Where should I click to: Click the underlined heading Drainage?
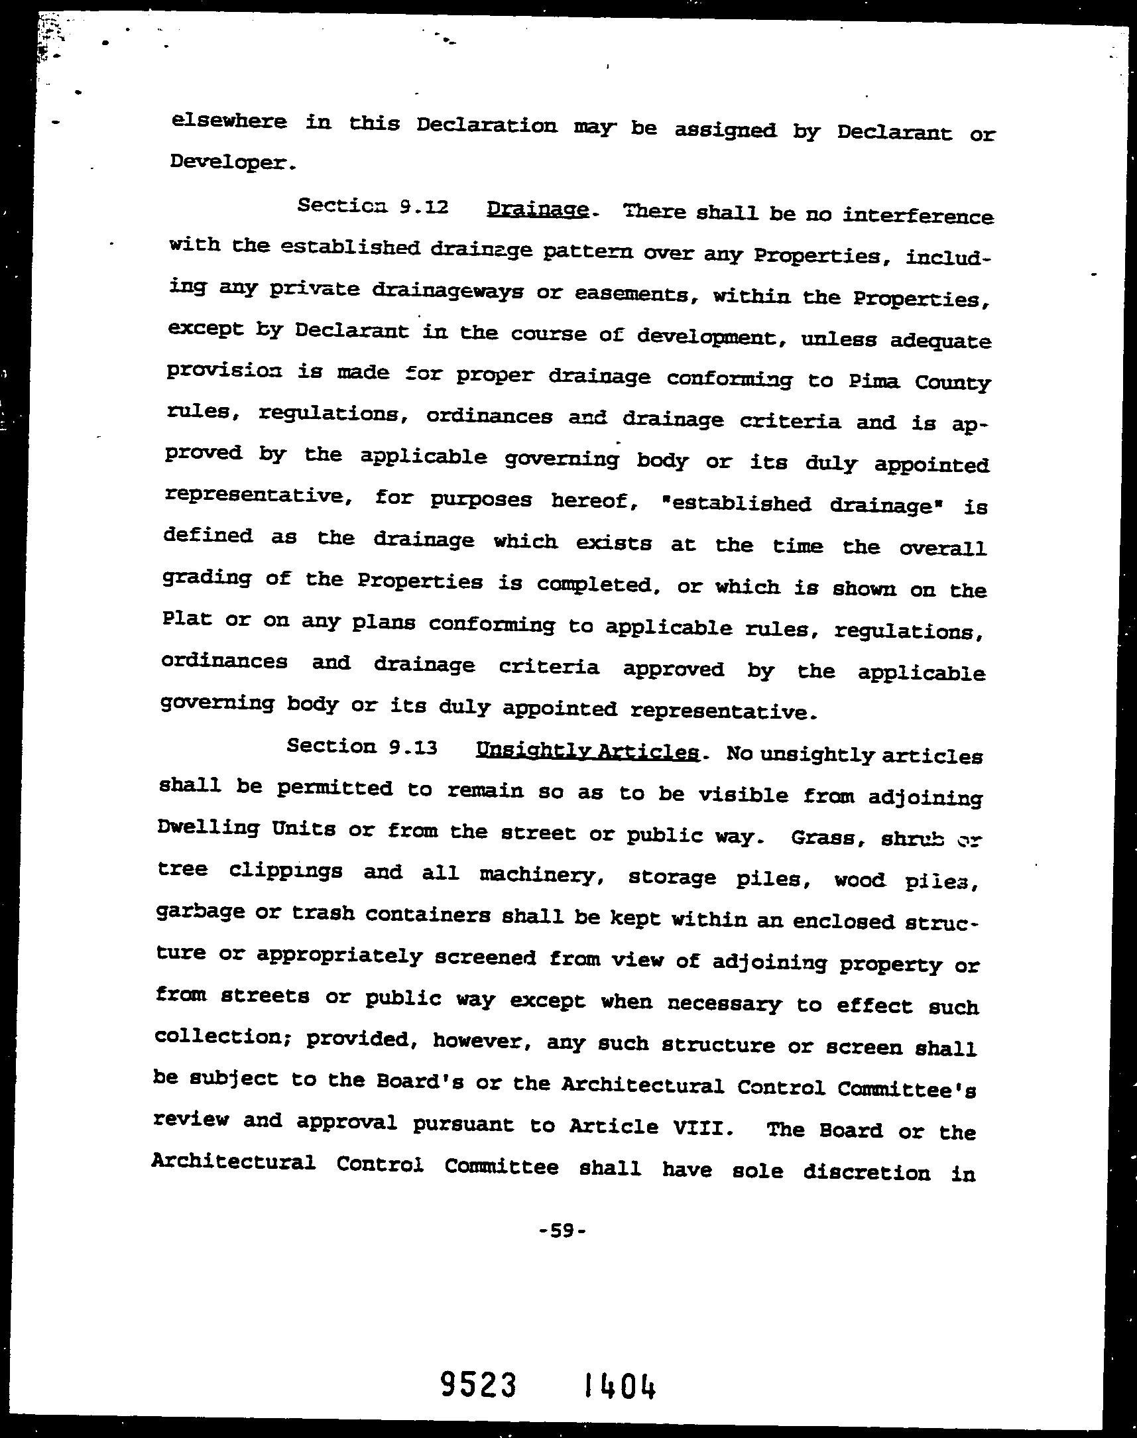pyautogui.click(x=538, y=210)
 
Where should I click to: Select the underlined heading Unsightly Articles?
pyautogui.click(x=587, y=752)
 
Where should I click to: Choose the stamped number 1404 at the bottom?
pyautogui.click(x=620, y=1368)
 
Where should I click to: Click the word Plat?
pyautogui.click(x=186, y=619)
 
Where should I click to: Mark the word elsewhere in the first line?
pyautogui.click(x=228, y=122)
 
